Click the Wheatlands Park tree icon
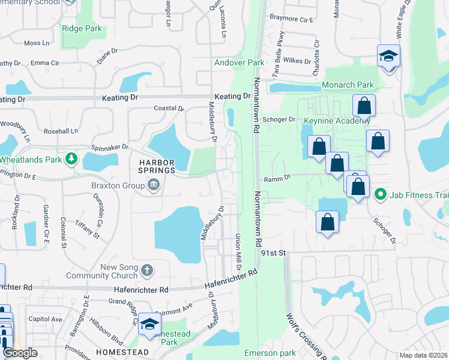(x=72, y=158)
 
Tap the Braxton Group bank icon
(x=153, y=185)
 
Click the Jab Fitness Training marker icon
(x=380, y=194)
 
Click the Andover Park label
(x=240, y=62)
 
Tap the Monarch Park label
(x=348, y=85)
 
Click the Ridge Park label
(x=81, y=28)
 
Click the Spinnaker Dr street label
(x=110, y=146)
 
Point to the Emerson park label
(x=271, y=353)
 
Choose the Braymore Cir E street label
(x=292, y=19)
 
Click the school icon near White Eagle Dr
(x=388, y=56)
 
